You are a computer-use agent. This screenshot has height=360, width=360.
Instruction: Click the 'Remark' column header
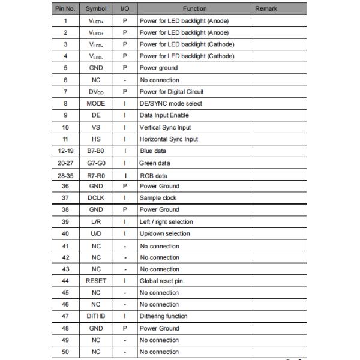266,9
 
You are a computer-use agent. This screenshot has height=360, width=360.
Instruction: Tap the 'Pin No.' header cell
64,9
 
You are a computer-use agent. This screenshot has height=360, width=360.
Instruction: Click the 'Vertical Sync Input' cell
165,127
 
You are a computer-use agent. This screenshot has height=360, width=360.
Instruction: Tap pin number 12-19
64,151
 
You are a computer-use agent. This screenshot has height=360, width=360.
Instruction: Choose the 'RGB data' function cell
154,175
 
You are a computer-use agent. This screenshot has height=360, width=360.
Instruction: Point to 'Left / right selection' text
166,222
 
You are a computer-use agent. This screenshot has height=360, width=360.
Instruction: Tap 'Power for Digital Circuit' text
171,92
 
